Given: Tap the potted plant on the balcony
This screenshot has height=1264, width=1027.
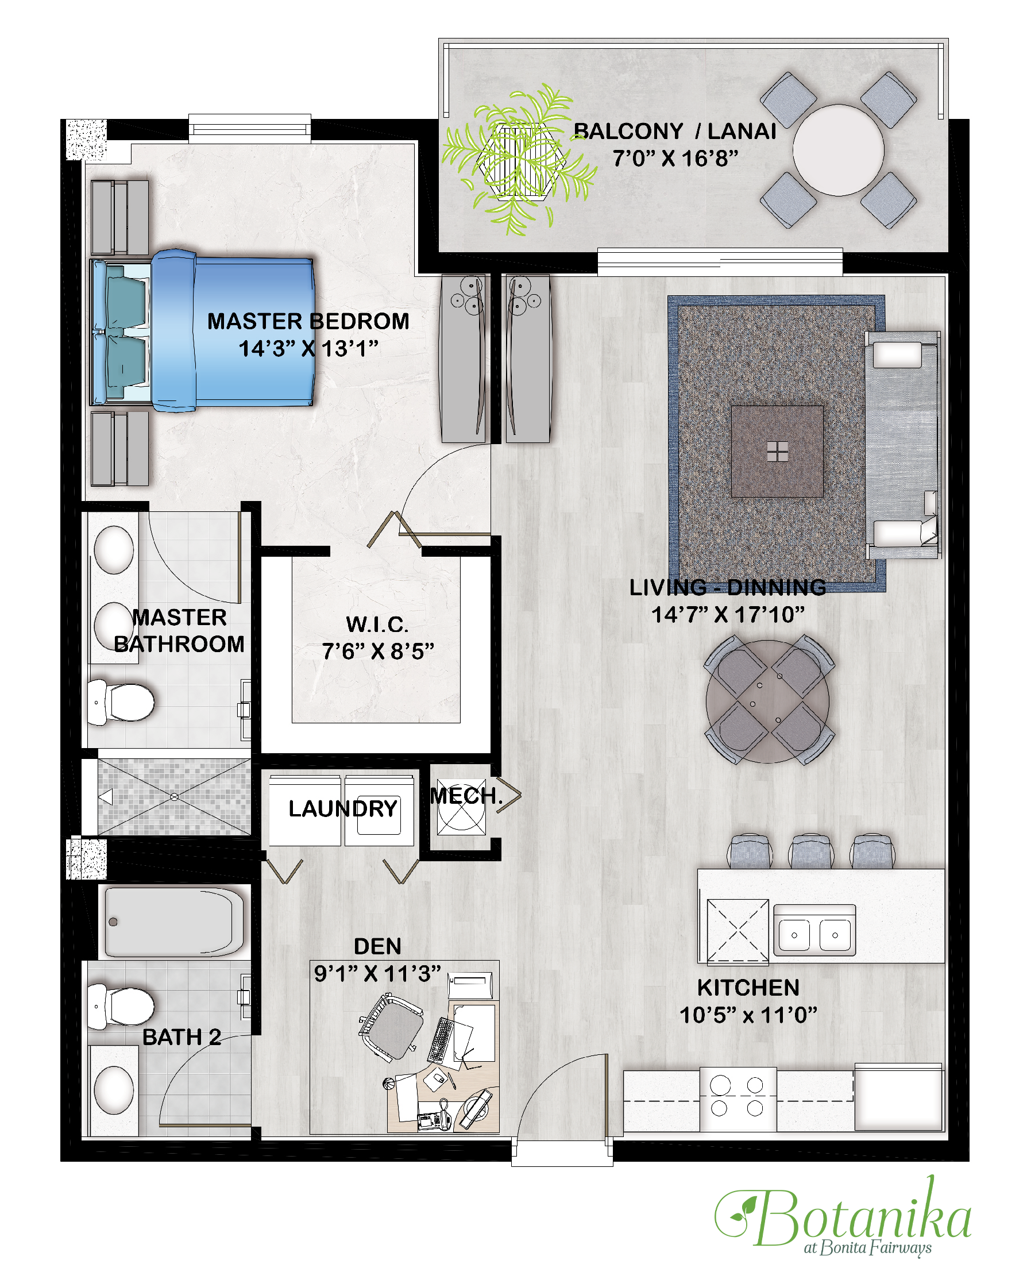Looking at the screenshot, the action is pos(519,159).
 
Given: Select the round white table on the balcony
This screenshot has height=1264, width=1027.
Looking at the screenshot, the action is pos(838,151).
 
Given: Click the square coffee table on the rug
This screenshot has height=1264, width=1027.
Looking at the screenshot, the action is pos(777,451).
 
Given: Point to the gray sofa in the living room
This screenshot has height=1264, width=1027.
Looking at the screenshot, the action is pos(902,445).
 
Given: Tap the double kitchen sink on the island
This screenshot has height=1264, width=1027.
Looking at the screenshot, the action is pos(814,934).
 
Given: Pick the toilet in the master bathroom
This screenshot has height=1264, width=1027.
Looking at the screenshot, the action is pos(121,703).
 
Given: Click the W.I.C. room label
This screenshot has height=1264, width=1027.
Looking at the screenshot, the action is pos(377,625).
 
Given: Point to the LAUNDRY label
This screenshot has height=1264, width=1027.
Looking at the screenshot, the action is pos(342,808).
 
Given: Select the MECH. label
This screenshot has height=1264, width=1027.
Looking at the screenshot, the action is pos(466,796).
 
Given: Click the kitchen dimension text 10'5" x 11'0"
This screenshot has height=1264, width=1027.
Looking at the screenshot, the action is pos(748,1015).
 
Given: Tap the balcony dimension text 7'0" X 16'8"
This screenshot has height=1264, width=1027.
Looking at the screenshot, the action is pos(675,159).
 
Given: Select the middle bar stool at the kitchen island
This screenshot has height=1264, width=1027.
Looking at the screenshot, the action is pos(810,851).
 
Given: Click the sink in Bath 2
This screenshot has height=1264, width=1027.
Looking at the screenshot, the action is pos(114,1090).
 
